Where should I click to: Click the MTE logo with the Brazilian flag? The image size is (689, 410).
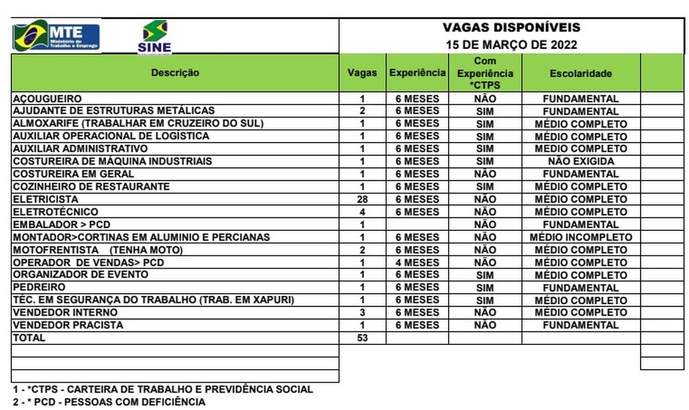[x=56, y=36]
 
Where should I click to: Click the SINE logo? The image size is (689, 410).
[x=155, y=37]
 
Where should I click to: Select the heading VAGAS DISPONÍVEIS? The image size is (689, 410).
[x=511, y=28]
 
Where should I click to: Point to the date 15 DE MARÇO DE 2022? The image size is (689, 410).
[x=511, y=45]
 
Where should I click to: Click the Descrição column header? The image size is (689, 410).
[x=175, y=73]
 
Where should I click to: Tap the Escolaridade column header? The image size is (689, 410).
[x=580, y=73]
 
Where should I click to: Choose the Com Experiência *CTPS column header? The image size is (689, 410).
[x=485, y=73]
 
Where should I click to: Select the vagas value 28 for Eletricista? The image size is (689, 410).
[x=362, y=199]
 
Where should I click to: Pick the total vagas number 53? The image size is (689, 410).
[x=362, y=338]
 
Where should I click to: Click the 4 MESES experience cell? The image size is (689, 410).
[x=417, y=262]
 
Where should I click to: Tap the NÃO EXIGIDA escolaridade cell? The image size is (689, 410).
[x=580, y=162]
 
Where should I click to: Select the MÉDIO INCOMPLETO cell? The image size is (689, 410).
[x=580, y=237]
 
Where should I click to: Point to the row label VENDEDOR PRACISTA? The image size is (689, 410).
[x=68, y=325]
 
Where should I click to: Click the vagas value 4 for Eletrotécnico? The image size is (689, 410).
[x=362, y=212]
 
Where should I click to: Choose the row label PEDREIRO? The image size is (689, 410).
[x=39, y=288]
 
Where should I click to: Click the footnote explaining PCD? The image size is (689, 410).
[x=109, y=402]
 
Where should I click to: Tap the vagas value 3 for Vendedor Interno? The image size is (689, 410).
[x=362, y=313]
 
